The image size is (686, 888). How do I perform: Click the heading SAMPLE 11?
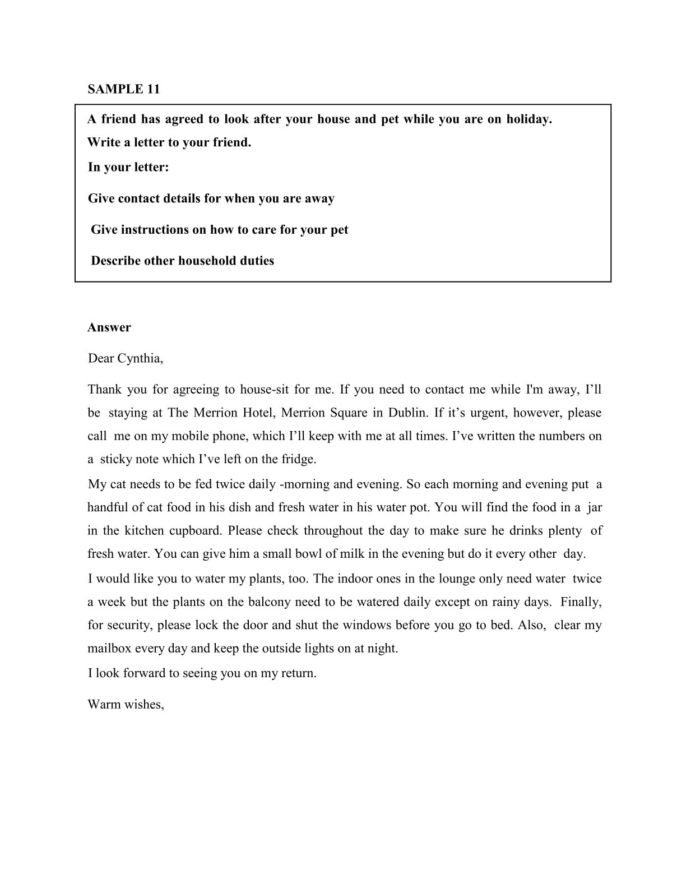pyautogui.click(x=123, y=89)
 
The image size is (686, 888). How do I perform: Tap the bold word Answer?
pyautogui.click(x=109, y=327)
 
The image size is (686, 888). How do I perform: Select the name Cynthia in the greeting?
pyautogui.click(x=140, y=358)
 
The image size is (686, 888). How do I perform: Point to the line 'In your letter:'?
pyautogui.click(x=128, y=167)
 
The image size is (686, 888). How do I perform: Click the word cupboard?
pyautogui.click(x=196, y=530)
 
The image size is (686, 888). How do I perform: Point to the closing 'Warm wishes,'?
pyautogui.click(x=126, y=704)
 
